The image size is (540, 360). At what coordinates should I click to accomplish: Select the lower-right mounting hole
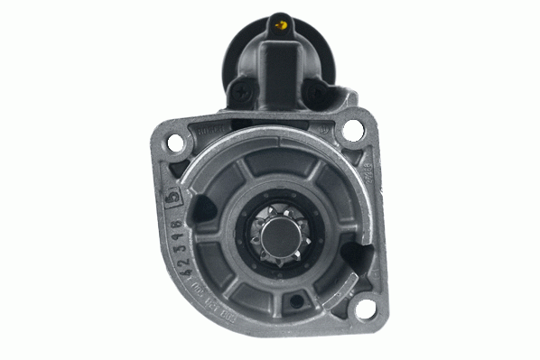point(364,309)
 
